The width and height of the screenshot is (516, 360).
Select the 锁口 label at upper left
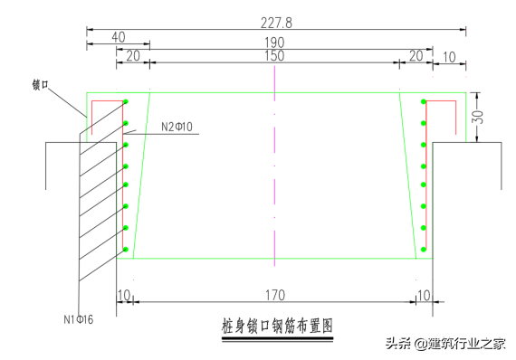[x=40, y=85]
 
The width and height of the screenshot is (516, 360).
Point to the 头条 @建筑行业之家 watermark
[x=445, y=344]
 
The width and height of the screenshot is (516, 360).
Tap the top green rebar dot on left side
[x=126, y=101]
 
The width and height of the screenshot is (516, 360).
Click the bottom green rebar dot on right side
[x=423, y=249]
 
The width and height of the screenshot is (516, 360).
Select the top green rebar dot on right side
[x=423, y=101]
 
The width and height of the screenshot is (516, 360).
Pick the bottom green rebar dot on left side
[x=126, y=249]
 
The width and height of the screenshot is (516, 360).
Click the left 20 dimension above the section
[x=132, y=56]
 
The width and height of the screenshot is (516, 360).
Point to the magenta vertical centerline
[x=274, y=172]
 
